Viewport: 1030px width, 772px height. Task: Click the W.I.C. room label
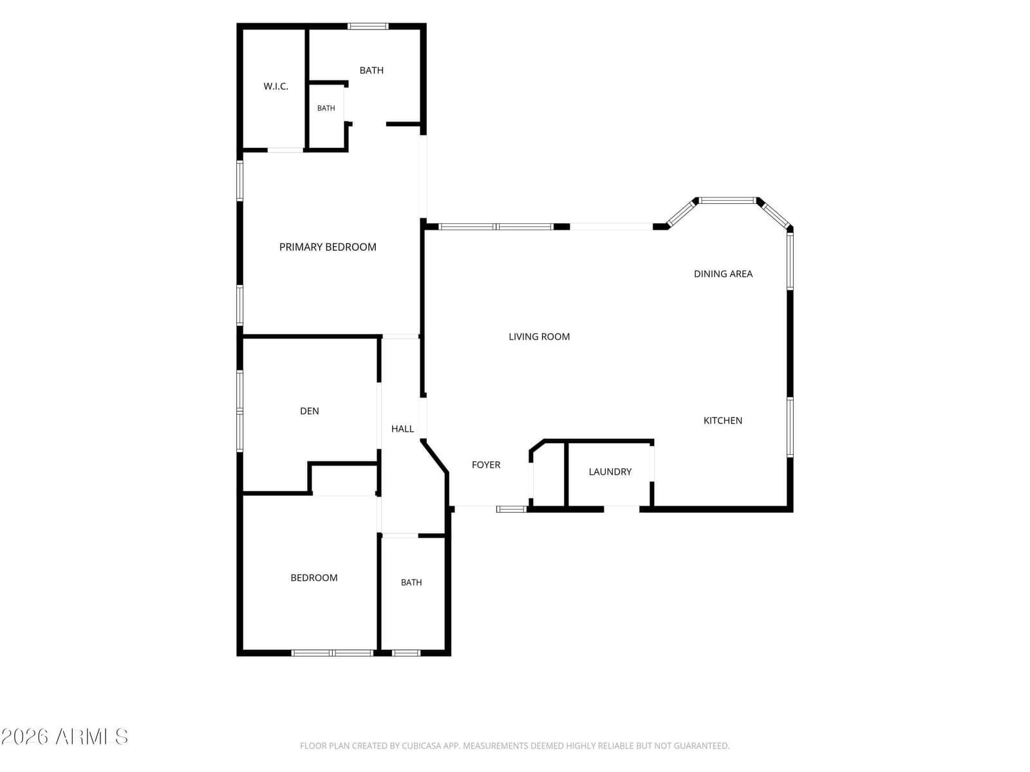point(276,86)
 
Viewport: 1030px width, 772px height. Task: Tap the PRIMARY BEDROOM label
point(328,247)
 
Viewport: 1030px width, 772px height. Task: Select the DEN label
point(309,411)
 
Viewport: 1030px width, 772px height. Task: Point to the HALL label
point(402,429)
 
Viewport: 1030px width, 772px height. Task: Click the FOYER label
point(485,464)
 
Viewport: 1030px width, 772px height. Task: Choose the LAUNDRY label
point(610,472)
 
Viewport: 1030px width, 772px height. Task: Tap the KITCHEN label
point(722,421)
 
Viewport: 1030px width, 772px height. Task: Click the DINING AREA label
point(723,274)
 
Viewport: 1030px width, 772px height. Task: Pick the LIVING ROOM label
point(539,336)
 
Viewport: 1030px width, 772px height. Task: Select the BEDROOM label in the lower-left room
point(314,578)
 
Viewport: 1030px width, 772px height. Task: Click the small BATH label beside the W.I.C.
point(326,108)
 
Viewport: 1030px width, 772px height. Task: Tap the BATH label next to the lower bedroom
point(411,582)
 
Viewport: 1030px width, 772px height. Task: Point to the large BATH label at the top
point(371,70)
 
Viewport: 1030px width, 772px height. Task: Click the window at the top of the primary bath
point(368,26)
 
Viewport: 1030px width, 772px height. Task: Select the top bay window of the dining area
point(727,201)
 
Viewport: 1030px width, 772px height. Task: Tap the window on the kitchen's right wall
point(790,427)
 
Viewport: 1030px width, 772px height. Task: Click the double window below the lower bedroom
point(332,653)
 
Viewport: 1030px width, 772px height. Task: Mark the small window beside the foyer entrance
point(512,509)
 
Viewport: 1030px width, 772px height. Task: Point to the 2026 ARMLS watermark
point(64,737)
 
